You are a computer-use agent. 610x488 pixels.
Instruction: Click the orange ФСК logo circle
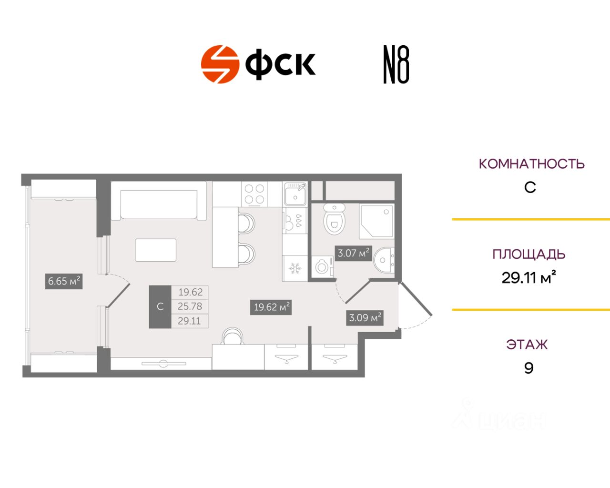pyautogui.click(x=220, y=64)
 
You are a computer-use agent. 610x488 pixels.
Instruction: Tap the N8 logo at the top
pyautogui.click(x=396, y=65)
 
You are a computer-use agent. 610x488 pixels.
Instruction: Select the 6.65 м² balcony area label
pyautogui.click(x=64, y=281)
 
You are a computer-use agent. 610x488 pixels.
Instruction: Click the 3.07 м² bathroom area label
pyautogui.click(x=354, y=253)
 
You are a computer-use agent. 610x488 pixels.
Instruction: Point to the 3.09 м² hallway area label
pyautogui.click(x=365, y=317)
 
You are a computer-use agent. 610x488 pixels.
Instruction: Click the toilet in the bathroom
pyautogui.click(x=334, y=220)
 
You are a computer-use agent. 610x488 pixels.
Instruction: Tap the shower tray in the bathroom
pyautogui.click(x=376, y=222)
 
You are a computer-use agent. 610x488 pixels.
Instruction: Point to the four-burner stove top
pyautogui.click(x=254, y=194)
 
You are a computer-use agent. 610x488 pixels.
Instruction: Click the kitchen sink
pyautogui.click(x=295, y=194)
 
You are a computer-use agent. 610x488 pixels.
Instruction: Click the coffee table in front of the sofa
pyautogui.click(x=156, y=250)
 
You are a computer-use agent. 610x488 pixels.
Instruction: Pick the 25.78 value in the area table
pyautogui.click(x=190, y=306)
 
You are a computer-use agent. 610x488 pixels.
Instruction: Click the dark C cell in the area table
pyautogui.click(x=160, y=307)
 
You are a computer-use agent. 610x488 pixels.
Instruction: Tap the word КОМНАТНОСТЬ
pyautogui.click(x=531, y=164)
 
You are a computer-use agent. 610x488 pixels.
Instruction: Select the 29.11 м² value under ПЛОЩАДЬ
pyautogui.click(x=529, y=277)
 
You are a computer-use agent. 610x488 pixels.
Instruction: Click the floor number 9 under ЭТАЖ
pyautogui.click(x=529, y=368)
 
